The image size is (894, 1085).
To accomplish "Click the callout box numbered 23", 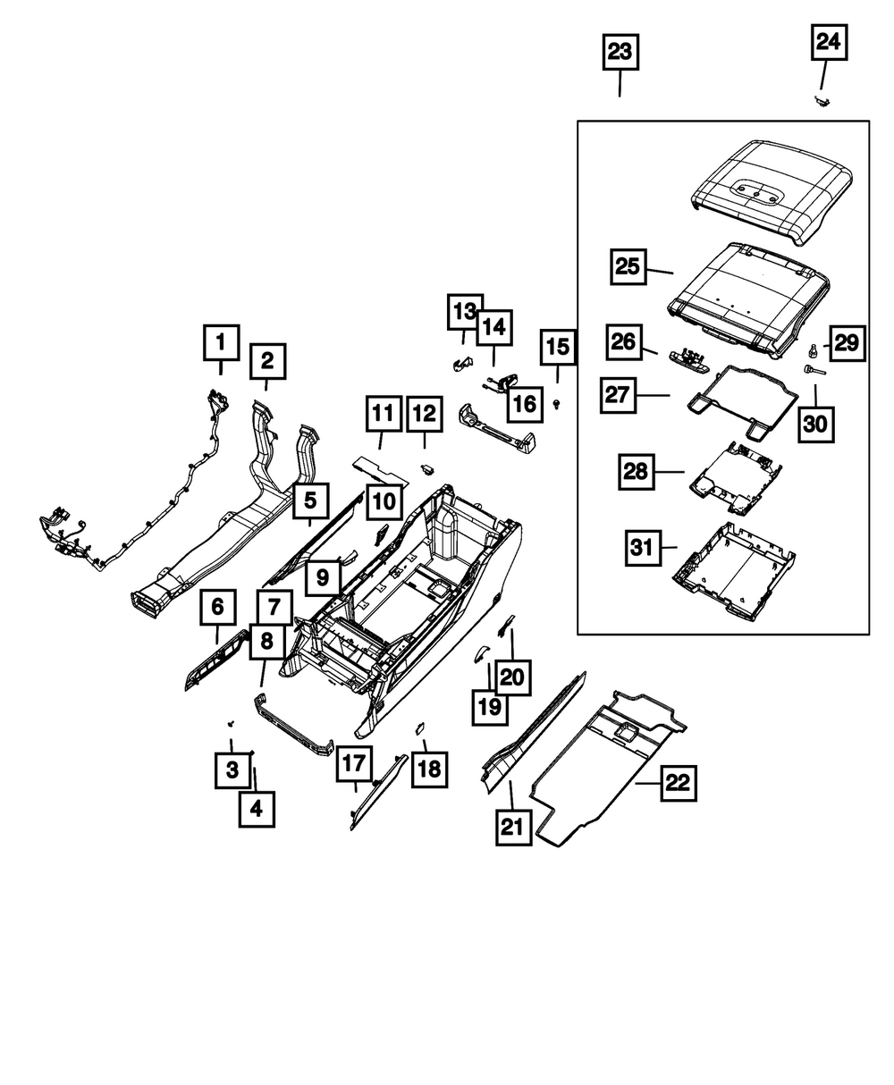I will click(620, 52).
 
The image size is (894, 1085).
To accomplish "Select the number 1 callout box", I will click(222, 341).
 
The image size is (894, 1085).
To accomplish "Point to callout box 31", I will click(642, 547).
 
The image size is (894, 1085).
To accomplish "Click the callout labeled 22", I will click(678, 784).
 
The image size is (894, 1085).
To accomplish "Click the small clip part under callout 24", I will click(819, 101).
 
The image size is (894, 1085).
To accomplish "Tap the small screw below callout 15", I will click(558, 405).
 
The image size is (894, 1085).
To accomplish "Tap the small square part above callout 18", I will click(418, 728).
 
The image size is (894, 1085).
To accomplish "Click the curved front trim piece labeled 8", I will click(295, 724).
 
